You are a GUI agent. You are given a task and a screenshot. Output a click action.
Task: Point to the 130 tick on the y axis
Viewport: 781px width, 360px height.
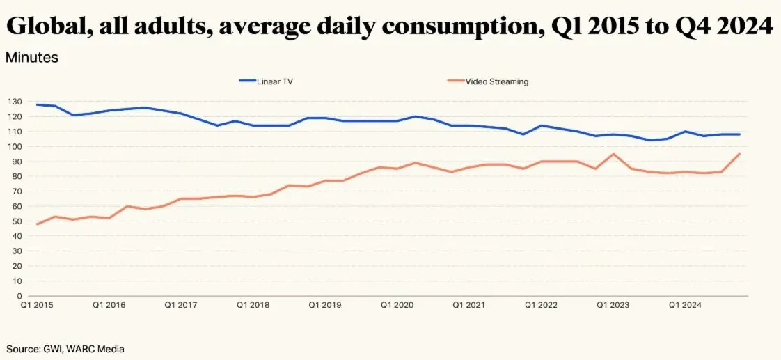(x=15, y=102)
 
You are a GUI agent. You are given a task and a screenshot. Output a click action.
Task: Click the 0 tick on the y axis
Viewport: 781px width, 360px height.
(x=19, y=296)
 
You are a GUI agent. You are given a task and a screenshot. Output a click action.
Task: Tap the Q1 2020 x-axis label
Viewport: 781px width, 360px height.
(x=397, y=305)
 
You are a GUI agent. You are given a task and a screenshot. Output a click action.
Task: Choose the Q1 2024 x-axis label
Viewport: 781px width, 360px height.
(x=685, y=305)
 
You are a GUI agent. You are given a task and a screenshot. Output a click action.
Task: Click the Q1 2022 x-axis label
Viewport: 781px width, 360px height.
(x=541, y=305)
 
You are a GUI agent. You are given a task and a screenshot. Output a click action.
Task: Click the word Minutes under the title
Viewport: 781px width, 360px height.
(x=32, y=58)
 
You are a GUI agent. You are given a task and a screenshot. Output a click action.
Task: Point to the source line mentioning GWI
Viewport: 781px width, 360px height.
(x=65, y=348)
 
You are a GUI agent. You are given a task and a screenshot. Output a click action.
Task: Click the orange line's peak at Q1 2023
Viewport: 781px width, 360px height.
(x=613, y=154)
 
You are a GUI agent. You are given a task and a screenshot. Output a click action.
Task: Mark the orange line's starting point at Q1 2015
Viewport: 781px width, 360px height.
(x=37, y=224)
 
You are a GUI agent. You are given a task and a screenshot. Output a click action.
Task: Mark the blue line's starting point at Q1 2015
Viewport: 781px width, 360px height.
(x=37, y=104)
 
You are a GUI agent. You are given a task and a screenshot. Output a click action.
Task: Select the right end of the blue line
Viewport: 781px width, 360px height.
(x=739, y=134)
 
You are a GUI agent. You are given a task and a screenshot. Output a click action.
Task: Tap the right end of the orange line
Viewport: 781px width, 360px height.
(x=739, y=154)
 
